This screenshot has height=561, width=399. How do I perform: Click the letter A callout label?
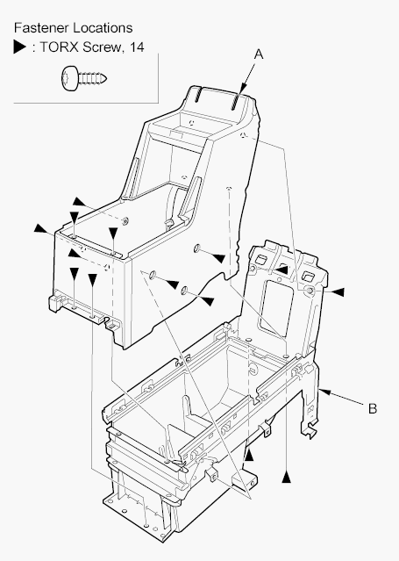click(259, 54)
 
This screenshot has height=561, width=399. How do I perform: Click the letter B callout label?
click(373, 408)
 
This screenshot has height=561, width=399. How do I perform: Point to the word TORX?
click(59, 47)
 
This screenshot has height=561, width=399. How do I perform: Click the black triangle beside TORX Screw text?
click(19, 47)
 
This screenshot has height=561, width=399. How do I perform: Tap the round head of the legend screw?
click(69, 78)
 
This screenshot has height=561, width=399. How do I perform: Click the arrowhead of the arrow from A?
click(243, 89)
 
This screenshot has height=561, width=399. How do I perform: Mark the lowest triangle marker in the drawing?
click(287, 478)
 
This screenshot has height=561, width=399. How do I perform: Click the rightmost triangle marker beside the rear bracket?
click(338, 292)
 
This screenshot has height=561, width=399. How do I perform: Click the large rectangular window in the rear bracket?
click(277, 307)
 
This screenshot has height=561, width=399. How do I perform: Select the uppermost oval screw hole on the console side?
click(197, 248)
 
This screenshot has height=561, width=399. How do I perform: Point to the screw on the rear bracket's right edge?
click(310, 291)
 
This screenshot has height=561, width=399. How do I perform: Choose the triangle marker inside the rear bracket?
click(282, 270)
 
